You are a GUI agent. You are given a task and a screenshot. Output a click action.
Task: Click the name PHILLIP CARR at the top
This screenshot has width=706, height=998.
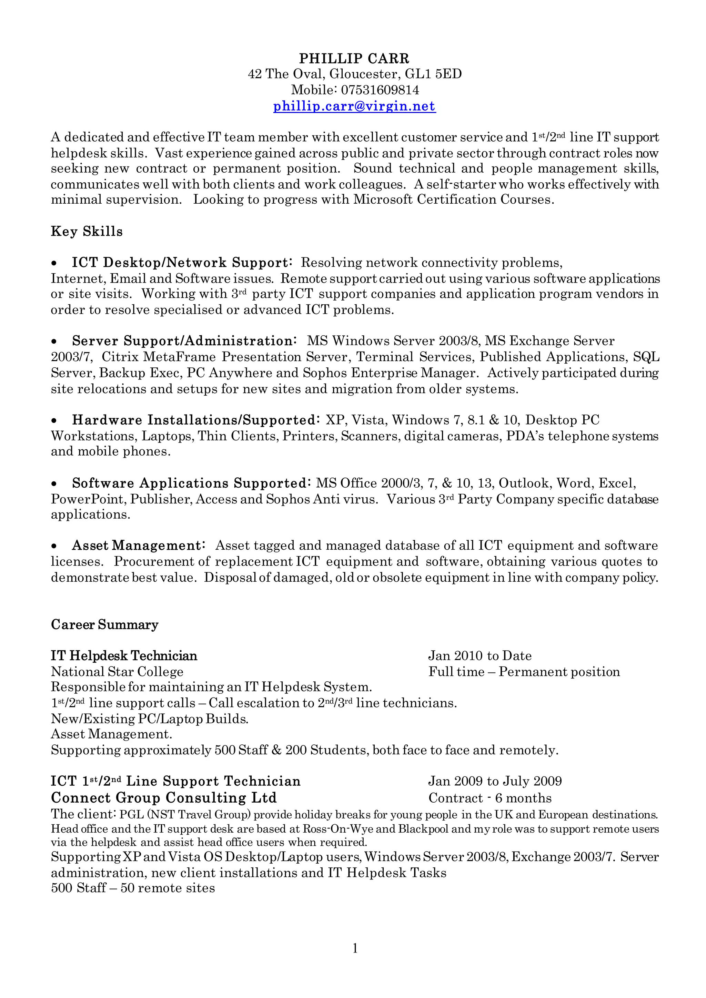(x=354, y=58)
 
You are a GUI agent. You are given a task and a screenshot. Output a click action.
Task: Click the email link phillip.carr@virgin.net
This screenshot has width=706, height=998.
(x=354, y=106)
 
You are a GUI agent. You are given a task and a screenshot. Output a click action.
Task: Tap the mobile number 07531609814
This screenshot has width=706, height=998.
(x=380, y=90)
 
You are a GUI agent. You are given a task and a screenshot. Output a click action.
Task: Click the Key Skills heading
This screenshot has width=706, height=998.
(x=87, y=231)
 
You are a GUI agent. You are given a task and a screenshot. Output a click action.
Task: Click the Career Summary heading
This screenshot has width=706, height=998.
(x=104, y=625)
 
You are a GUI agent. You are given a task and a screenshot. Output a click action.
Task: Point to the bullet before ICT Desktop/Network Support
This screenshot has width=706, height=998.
(x=54, y=263)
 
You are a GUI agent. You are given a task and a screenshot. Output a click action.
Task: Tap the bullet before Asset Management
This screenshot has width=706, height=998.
(x=54, y=546)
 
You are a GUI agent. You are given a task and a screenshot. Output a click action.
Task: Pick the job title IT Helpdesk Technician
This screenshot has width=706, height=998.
(x=124, y=655)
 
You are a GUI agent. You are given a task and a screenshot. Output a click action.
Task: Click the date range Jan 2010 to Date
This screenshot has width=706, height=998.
(x=480, y=655)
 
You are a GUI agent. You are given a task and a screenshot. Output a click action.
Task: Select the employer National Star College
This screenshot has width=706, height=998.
(x=117, y=672)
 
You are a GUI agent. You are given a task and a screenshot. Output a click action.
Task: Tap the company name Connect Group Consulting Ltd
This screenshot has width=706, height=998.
(x=163, y=798)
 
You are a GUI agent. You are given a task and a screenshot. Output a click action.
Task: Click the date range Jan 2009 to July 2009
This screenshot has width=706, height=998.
(x=495, y=781)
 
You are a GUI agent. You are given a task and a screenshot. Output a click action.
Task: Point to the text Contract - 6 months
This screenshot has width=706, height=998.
(x=490, y=798)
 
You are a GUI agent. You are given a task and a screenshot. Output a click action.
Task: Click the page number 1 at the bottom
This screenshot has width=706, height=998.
(x=355, y=948)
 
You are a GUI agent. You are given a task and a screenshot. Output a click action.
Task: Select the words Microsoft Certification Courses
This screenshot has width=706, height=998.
(x=453, y=200)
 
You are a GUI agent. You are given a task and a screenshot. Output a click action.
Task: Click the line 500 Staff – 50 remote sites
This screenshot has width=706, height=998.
(x=133, y=888)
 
